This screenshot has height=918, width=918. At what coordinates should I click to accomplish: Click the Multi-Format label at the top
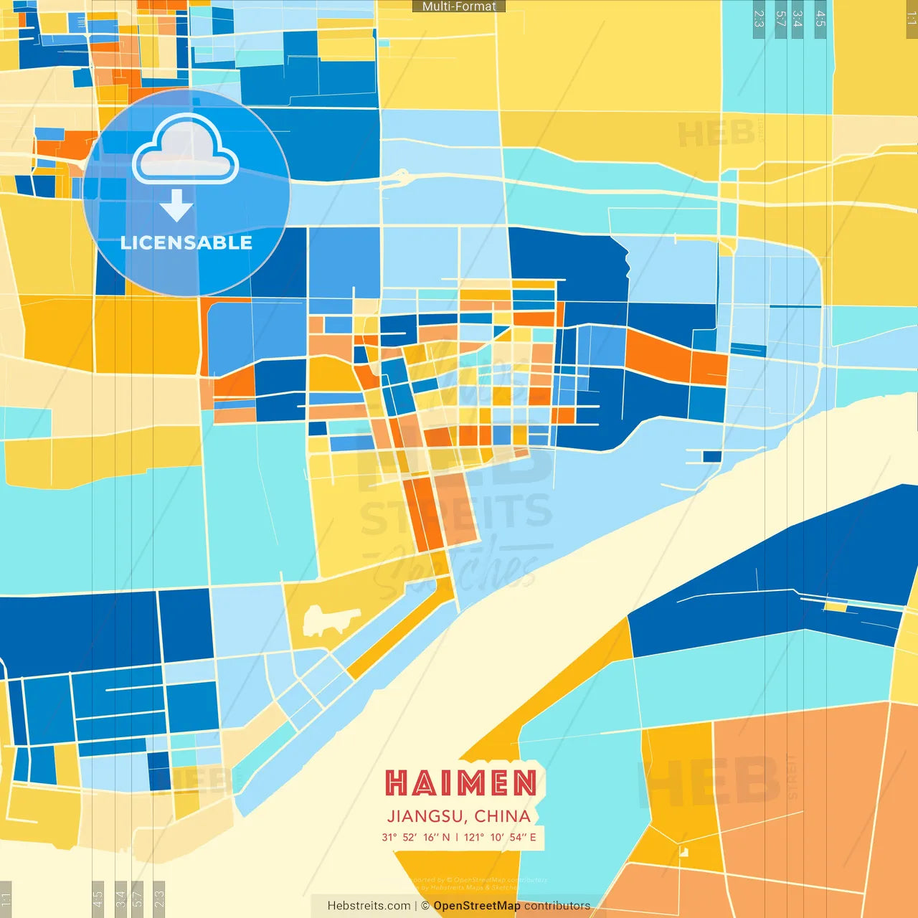tap(459, 6)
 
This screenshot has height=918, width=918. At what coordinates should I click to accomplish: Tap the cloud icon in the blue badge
tap(185, 150)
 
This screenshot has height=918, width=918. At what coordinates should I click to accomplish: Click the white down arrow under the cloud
tap(176, 206)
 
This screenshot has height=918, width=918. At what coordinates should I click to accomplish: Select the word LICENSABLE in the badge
tap(186, 243)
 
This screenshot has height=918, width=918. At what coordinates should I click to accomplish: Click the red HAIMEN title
tap(461, 783)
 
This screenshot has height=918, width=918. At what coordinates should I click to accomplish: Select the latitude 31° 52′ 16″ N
tap(416, 837)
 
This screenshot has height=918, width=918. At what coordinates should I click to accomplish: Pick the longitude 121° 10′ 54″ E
tap(500, 837)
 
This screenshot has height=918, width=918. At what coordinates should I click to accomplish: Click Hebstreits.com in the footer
tap(369, 906)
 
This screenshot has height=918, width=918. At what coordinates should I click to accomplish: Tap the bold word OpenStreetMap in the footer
tap(477, 906)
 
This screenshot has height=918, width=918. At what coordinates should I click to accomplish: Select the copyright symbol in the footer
tap(425, 906)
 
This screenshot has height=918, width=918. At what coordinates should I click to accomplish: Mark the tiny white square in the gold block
tap(683, 852)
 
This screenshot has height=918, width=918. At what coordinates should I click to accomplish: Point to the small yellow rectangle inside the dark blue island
tap(836, 607)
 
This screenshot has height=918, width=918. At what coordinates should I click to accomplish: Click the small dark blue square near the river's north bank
tap(711, 456)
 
